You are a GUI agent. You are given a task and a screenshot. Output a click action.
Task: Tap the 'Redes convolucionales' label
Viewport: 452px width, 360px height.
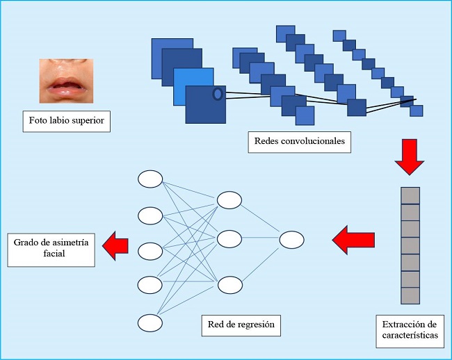point(299,142)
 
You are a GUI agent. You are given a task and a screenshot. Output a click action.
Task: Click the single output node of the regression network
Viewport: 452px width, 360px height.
point(291,240)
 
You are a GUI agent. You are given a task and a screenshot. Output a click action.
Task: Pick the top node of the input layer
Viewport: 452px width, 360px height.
point(150,179)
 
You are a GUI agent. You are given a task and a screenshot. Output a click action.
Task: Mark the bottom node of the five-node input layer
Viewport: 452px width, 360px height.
point(150,322)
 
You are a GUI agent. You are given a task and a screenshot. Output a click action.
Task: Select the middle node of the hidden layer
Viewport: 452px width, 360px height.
point(229,240)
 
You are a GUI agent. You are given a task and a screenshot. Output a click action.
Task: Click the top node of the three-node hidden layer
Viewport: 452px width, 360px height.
point(229,200)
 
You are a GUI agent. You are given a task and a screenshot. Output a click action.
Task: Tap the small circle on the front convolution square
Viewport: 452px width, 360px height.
point(217,94)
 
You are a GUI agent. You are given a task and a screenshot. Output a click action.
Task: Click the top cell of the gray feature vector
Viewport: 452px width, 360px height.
point(410,195)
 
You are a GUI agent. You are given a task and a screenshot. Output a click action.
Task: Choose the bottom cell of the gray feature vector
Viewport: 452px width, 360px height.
point(410,296)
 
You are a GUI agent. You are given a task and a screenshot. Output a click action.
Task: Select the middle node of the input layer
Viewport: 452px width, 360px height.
point(150,251)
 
